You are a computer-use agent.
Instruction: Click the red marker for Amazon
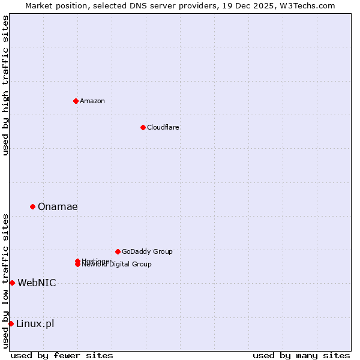[x=76, y=101]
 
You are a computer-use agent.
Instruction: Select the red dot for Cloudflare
[x=143, y=127]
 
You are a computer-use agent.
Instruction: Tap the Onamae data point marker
[x=32, y=206]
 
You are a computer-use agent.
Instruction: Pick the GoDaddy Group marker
[x=118, y=251]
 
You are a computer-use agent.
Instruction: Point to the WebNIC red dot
[x=12, y=283]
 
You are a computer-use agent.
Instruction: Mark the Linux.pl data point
[x=11, y=323]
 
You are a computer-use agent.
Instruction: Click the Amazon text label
[x=92, y=101]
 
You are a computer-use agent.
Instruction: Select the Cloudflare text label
[x=163, y=127]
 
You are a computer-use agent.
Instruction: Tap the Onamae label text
[x=58, y=206]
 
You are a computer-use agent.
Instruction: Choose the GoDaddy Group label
[x=147, y=251]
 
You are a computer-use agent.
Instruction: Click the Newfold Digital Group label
[x=117, y=265]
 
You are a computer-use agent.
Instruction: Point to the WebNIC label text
[x=37, y=283]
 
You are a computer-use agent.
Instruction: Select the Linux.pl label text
[x=35, y=323]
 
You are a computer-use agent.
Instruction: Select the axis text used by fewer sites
[x=62, y=355]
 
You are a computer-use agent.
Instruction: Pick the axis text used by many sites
[x=301, y=355]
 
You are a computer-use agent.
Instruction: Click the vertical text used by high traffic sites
[x=5, y=85]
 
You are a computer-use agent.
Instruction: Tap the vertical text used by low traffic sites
[x=5, y=281]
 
